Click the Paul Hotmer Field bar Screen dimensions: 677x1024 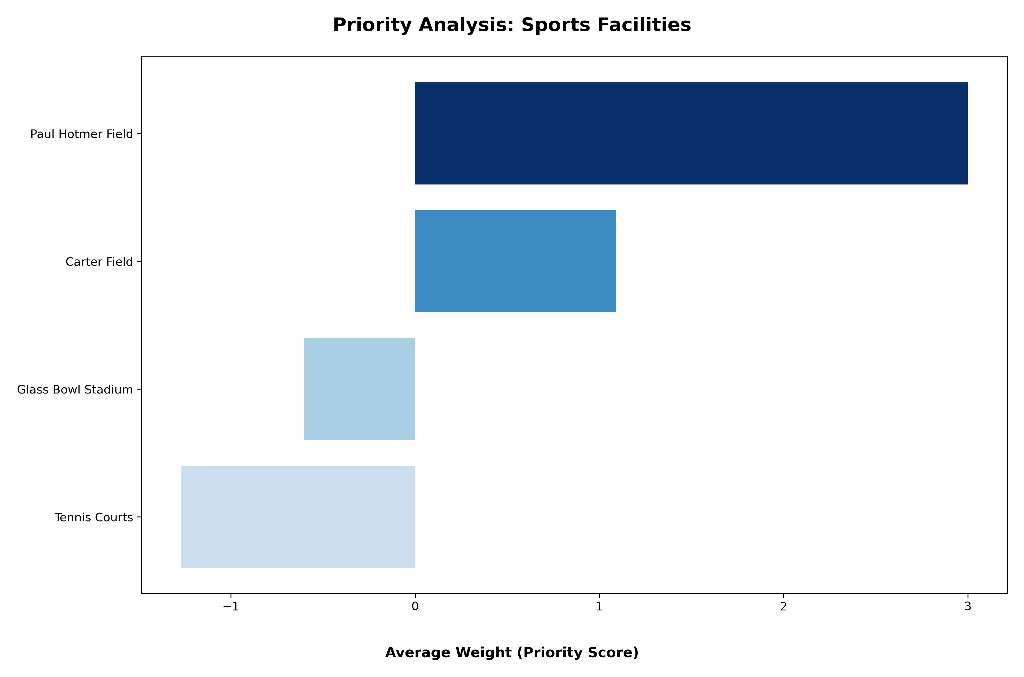[691, 133]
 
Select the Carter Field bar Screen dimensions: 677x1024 [515, 261]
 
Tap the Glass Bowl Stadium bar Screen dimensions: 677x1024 [359, 389]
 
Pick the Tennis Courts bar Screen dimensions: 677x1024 [298, 517]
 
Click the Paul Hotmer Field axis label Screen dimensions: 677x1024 [82, 134]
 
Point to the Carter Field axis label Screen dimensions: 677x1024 [99, 262]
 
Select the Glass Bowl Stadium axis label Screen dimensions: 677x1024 [75, 390]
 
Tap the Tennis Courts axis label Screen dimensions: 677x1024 [94, 518]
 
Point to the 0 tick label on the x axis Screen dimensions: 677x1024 [415, 607]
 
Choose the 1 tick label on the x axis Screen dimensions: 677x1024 [599, 607]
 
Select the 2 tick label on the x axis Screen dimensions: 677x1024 [783, 607]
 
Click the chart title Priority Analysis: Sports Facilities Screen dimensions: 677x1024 [512, 25]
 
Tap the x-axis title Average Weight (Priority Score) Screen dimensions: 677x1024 [512, 652]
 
